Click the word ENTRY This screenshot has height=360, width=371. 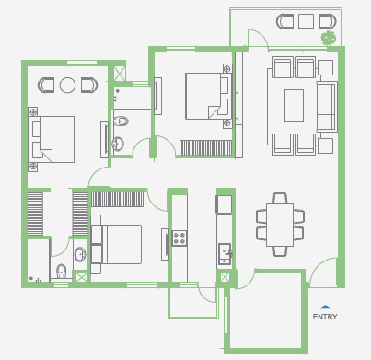pos(325,317)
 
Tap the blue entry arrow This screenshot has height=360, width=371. pos(325,307)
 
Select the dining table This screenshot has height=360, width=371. pos(280,225)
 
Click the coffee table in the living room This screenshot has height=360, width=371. pos(294,105)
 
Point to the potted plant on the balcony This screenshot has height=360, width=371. pos(329,38)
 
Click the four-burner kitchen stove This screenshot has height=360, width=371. pos(180,238)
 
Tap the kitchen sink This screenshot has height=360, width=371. pos(225,254)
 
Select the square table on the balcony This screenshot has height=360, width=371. pos(306,21)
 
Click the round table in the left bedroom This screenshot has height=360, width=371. pos(67,85)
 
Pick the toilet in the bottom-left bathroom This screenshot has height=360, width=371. pos(62,271)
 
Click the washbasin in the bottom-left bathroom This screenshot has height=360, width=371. pos(80,255)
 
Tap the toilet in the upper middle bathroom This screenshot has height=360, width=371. pos(121,122)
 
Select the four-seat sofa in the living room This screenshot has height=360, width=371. pos(327,107)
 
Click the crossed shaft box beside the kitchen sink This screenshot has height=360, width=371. pos(225,277)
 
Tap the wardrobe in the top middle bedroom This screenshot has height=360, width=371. pos(205,148)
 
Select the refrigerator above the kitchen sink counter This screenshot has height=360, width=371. pos(225,204)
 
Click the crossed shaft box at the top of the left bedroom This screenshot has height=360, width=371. pos(119,74)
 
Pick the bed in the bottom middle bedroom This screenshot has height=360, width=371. pos(117,244)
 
